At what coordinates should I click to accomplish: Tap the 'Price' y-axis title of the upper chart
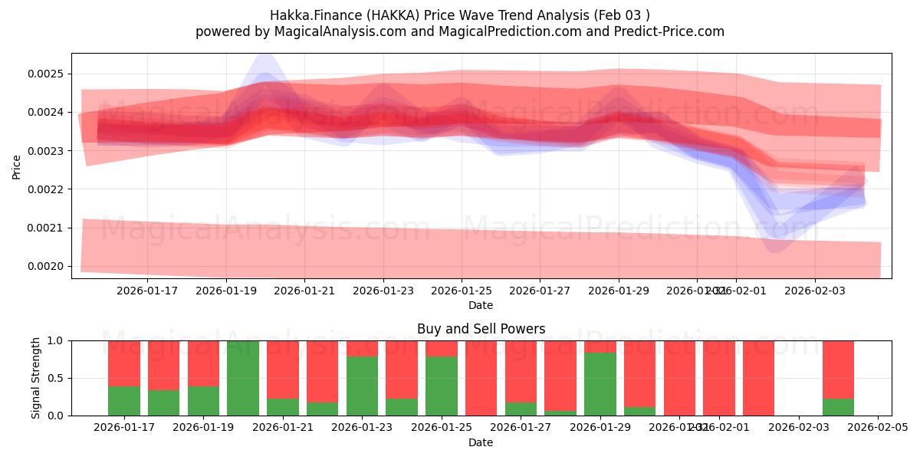(17, 167)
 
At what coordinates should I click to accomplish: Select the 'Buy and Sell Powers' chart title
(481, 329)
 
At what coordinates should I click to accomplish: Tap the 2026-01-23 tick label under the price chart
(383, 291)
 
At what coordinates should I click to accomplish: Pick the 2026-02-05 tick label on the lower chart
(878, 428)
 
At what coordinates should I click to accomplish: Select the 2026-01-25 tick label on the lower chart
(442, 428)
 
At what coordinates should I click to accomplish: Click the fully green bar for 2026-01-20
(243, 378)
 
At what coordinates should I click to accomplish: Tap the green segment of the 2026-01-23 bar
(362, 386)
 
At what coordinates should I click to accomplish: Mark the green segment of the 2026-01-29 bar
(600, 384)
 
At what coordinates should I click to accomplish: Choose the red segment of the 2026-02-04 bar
(838, 368)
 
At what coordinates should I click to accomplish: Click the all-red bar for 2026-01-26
(481, 378)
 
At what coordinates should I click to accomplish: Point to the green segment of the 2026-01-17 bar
(124, 401)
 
